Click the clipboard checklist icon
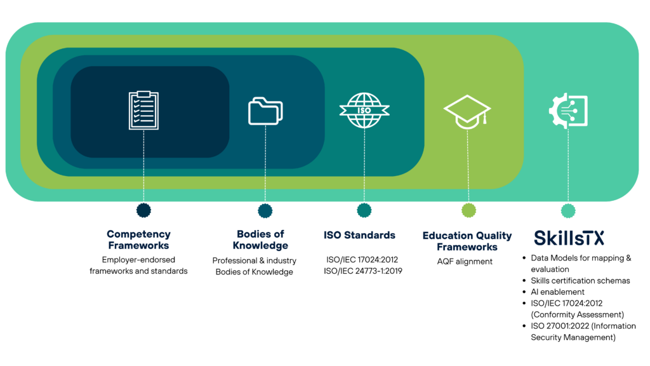[x=143, y=111]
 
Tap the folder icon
[x=265, y=111]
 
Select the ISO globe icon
[x=364, y=111]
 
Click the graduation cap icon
[x=467, y=112]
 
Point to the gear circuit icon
[x=568, y=111]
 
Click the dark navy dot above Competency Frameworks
[x=143, y=210]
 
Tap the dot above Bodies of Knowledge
[x=265, y=211]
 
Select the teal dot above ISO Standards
[x=364, y=210]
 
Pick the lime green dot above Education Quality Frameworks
[x=468, y=210]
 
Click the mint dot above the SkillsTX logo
[x=568, y=211]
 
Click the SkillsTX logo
[x=569, y=238]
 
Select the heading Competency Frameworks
[x=138, y=240]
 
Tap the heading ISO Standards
[x=359, y=235]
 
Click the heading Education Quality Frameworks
[x=467, y=241]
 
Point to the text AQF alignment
[x=465, y=261]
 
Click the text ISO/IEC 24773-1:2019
[x=362, y=271]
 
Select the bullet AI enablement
[x=557, y=292]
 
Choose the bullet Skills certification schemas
[x=580, y=281]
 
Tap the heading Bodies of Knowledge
[x=260, y=240]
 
